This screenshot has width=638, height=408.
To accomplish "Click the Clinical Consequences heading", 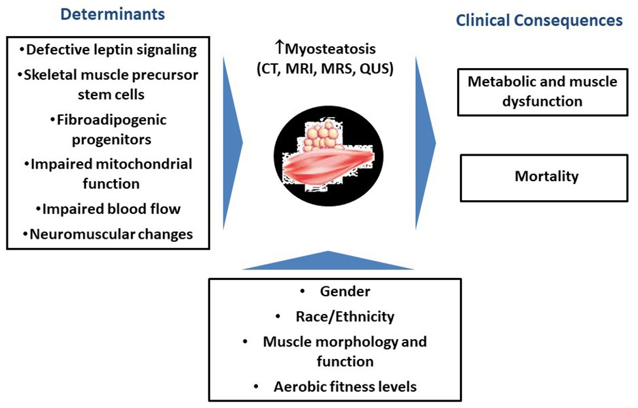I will [x=538, y=21].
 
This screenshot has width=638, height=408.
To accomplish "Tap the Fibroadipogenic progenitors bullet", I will [x=108, y=130].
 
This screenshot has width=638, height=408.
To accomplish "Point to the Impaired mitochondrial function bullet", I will [x=108, y=173].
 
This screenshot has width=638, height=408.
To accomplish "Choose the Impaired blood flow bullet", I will [x=108, y=209].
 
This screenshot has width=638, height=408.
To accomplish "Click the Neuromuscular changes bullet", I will [x=108, y=234].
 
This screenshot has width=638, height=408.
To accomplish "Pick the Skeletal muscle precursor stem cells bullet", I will [x=108, y=84].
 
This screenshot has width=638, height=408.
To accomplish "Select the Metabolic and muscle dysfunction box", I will [x=542, y=92].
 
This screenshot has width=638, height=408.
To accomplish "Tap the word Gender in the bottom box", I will [x=337, y=292].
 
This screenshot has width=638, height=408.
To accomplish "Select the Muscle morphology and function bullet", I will [x=345, y=351].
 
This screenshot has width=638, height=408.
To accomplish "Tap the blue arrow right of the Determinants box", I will [x=232, y=140].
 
